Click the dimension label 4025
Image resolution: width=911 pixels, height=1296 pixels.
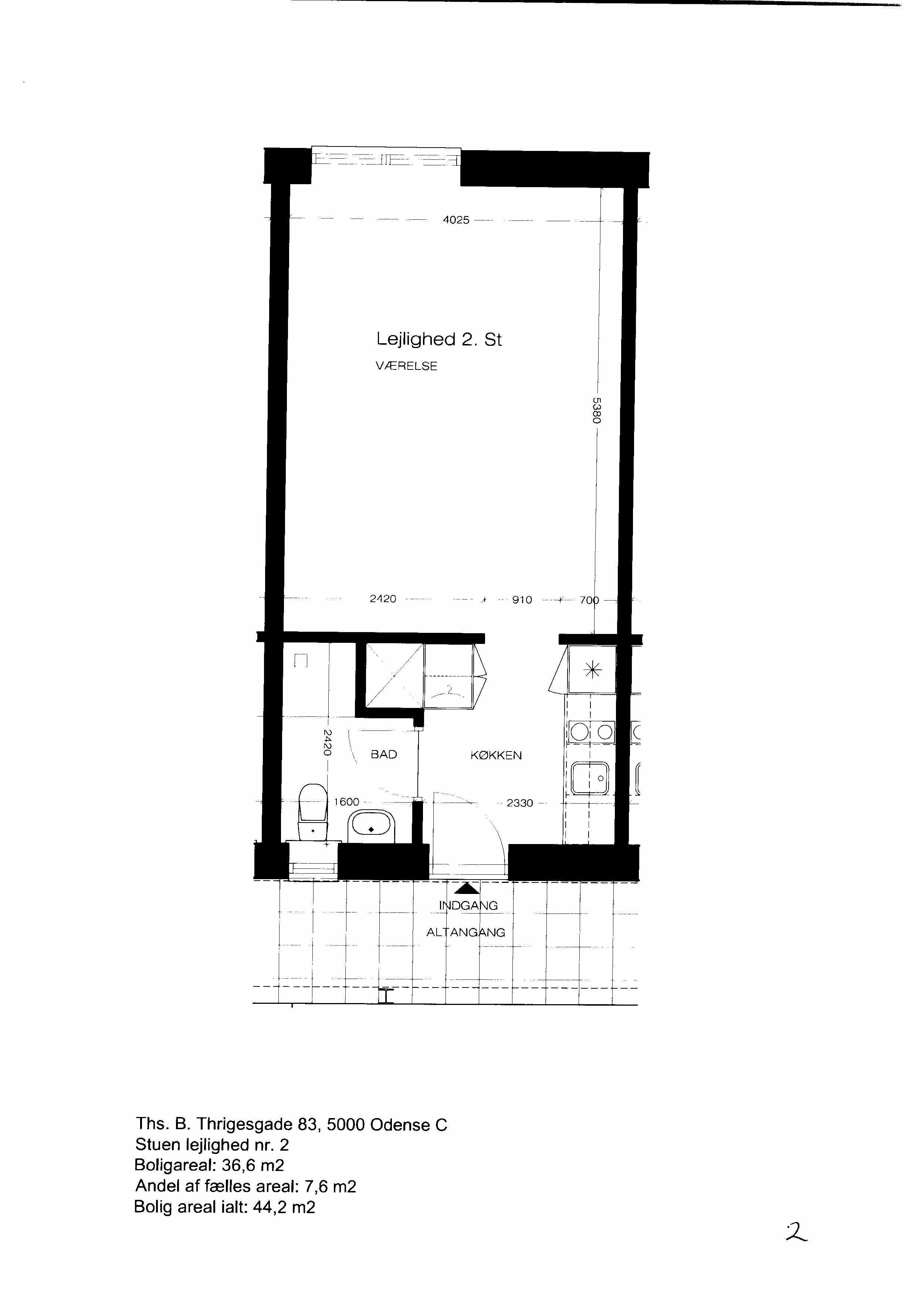(x=456, y=220)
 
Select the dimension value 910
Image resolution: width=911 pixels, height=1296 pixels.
(x=522, y=600)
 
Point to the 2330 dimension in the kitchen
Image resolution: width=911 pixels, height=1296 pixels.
(x=519, y=803)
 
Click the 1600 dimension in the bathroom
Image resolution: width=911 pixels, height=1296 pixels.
(x=346, y=801)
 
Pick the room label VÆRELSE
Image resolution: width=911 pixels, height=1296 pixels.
(x=406, y=366)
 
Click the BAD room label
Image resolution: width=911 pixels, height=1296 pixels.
(x=383, y=754)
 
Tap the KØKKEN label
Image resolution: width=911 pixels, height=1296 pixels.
(x=496, y=755)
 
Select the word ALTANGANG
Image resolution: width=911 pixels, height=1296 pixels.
(x=465, y=932)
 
